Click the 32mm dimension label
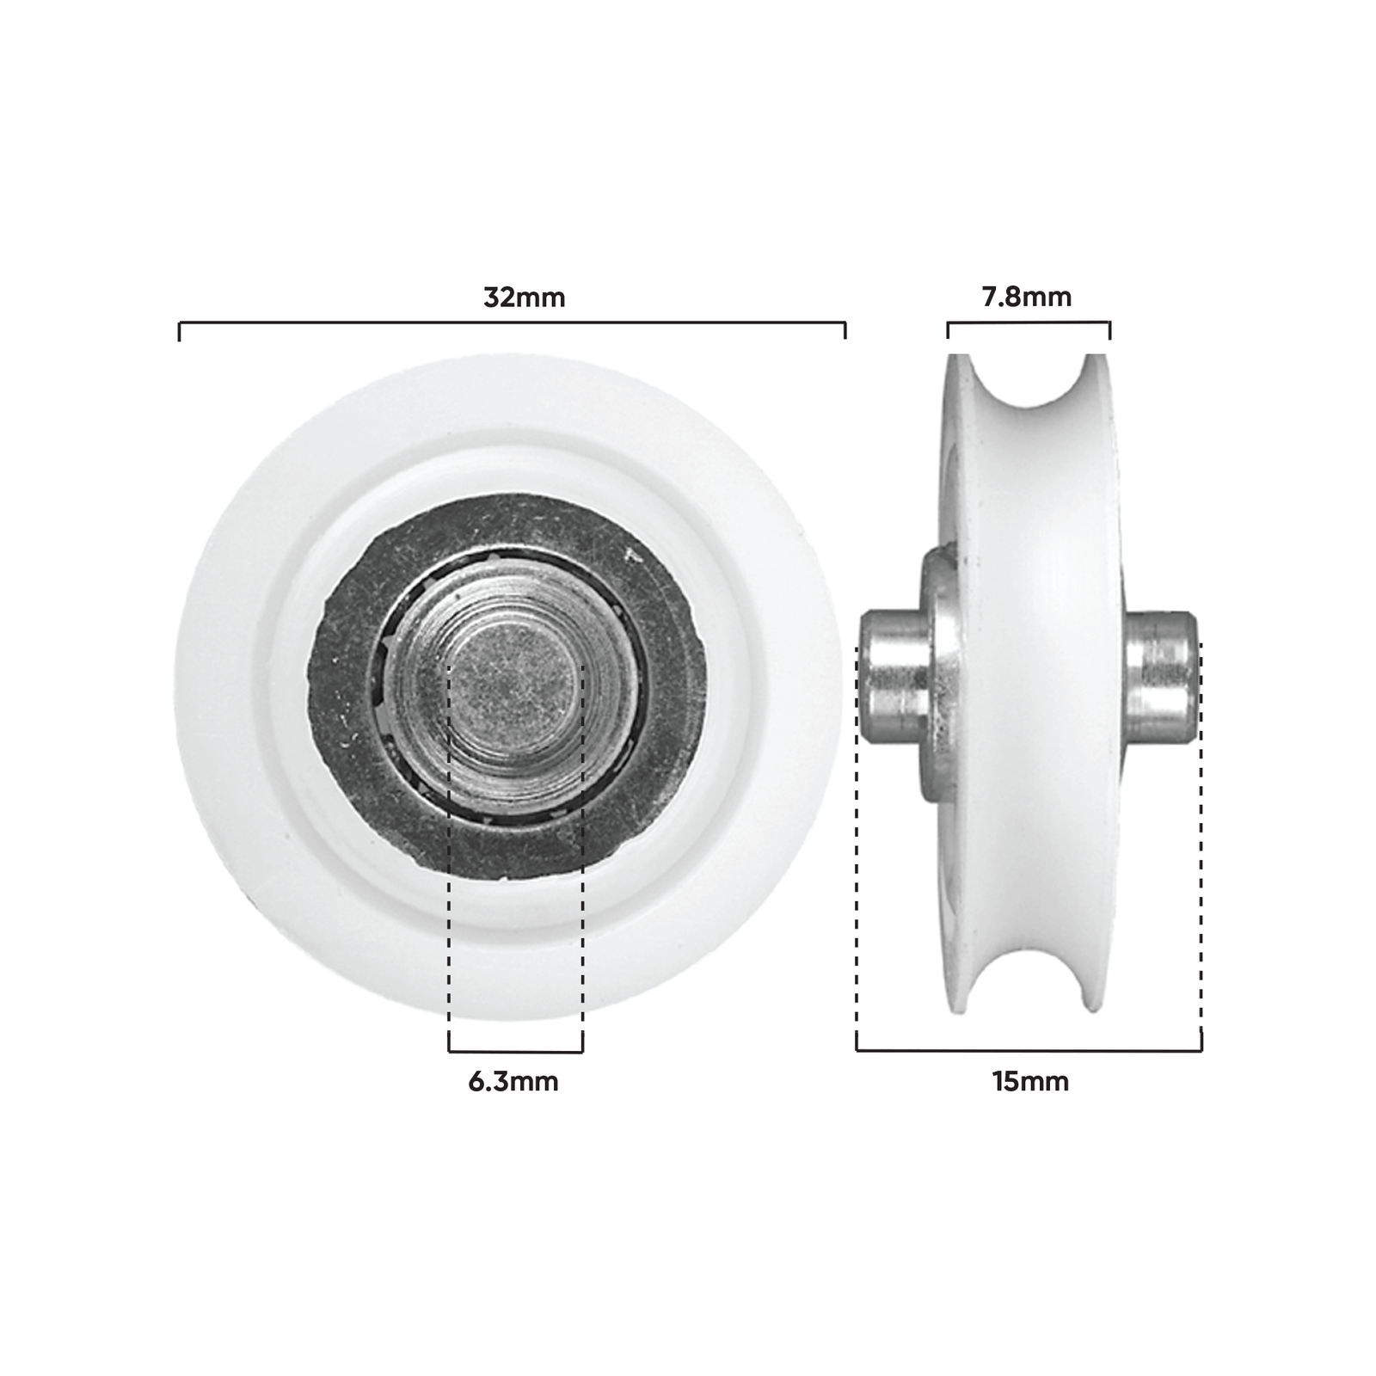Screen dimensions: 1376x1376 coord(524,298)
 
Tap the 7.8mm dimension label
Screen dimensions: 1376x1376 coord(1027,298)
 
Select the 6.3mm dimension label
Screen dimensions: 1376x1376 coord(513,1081)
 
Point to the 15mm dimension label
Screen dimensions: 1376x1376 coord(1030,1081)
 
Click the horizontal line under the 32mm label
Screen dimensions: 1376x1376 coord(512,322)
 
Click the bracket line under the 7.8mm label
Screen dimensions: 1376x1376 coord(1029,322)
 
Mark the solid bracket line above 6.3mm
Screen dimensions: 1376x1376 coord(516,1051)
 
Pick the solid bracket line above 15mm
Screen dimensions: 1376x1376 coord(1029,1050)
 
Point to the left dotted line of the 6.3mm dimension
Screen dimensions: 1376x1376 coord(449,860)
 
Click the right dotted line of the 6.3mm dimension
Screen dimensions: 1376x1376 coord(582,860)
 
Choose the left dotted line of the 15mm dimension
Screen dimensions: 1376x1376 coord(857,860)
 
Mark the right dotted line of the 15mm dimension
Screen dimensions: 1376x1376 coord(1201,860)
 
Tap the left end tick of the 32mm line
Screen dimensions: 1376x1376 coord(179,331)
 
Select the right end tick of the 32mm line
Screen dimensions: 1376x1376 coord(845,331)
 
